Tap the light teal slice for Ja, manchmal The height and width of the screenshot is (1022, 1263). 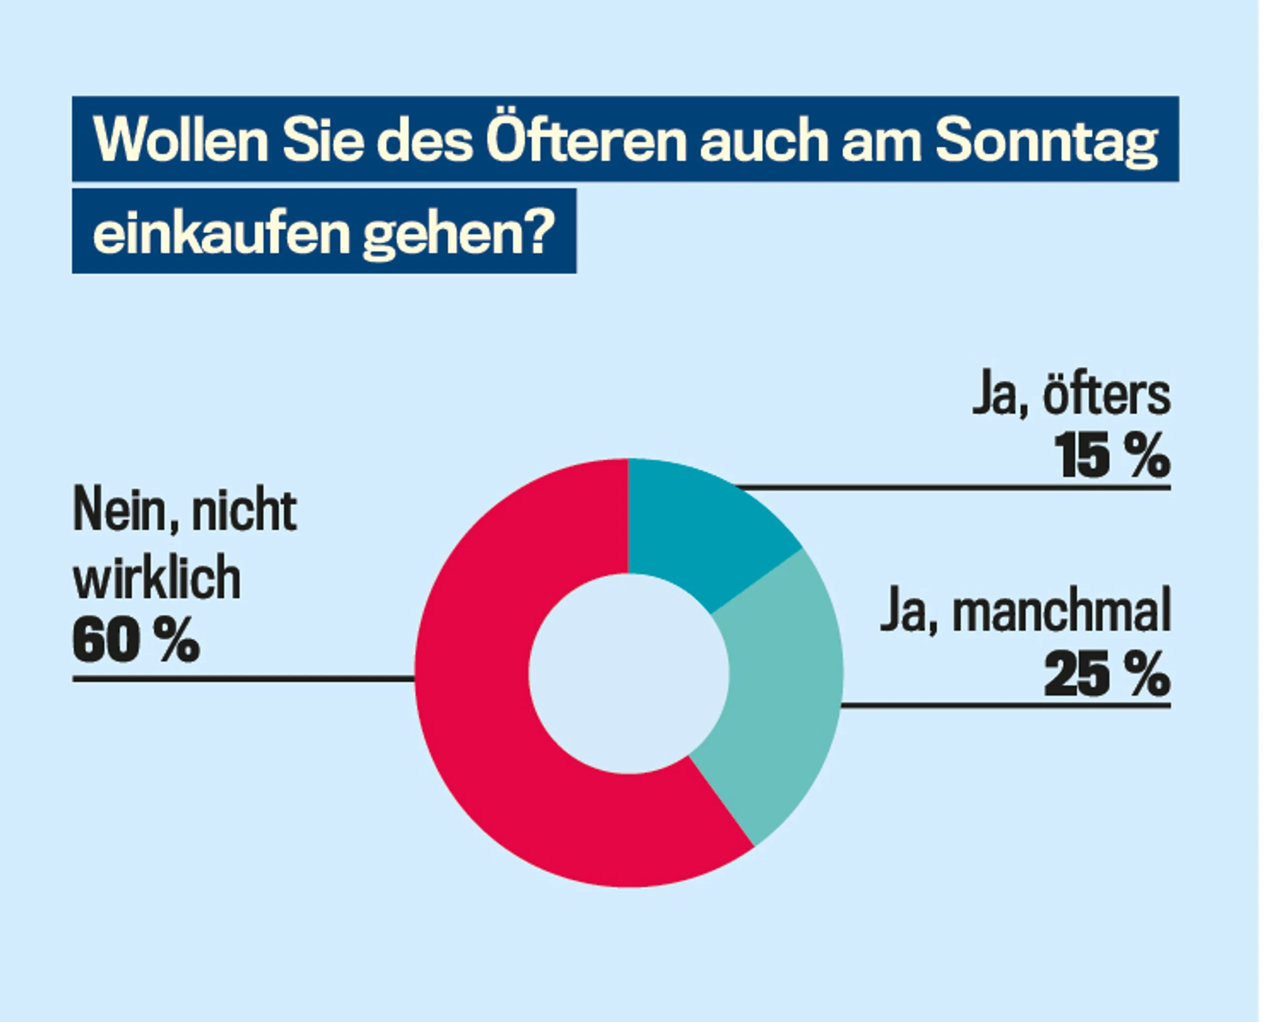click(x=783, y=694)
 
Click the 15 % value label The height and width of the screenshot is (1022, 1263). click(x=1112, y=456)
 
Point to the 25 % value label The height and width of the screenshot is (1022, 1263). click(x=1107, y=674)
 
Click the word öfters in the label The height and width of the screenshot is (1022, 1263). click(x=1107, y=396)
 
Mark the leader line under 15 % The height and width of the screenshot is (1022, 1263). click(x=953, y=487)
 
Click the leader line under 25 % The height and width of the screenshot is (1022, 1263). click(x=1005, y=705)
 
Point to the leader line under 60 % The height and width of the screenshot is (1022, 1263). click(x=244, y=679)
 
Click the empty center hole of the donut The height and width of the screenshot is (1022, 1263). click(x=629, y=673)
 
